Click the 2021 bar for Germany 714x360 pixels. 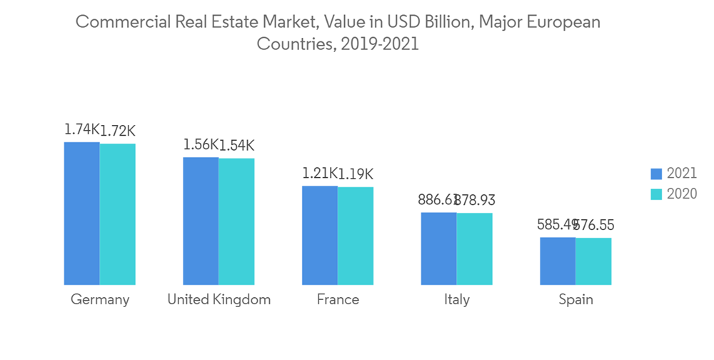[82, 214]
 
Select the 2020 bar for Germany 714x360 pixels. [118, 214]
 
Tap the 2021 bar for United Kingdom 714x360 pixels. [201, 221]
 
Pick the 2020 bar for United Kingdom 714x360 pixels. [236, 221]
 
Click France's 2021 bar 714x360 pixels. [320, 235]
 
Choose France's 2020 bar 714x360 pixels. [356, 236]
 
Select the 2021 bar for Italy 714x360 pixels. [438, 249]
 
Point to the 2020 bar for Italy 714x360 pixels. [475, 249]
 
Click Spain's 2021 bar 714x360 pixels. [558, 261]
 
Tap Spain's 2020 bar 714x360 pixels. [593, 261]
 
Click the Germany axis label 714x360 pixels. [100, 299]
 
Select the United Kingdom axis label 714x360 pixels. [218, 299]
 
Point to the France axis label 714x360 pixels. [338, 299]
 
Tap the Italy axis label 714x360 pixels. [456, 299]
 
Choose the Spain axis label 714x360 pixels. [575, 299]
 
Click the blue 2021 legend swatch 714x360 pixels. [657, 174]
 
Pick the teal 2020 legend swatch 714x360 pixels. [657, 194]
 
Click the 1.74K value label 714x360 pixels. [81, 130]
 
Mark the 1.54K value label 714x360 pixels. [236, 146]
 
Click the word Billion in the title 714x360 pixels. [444, 21]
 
